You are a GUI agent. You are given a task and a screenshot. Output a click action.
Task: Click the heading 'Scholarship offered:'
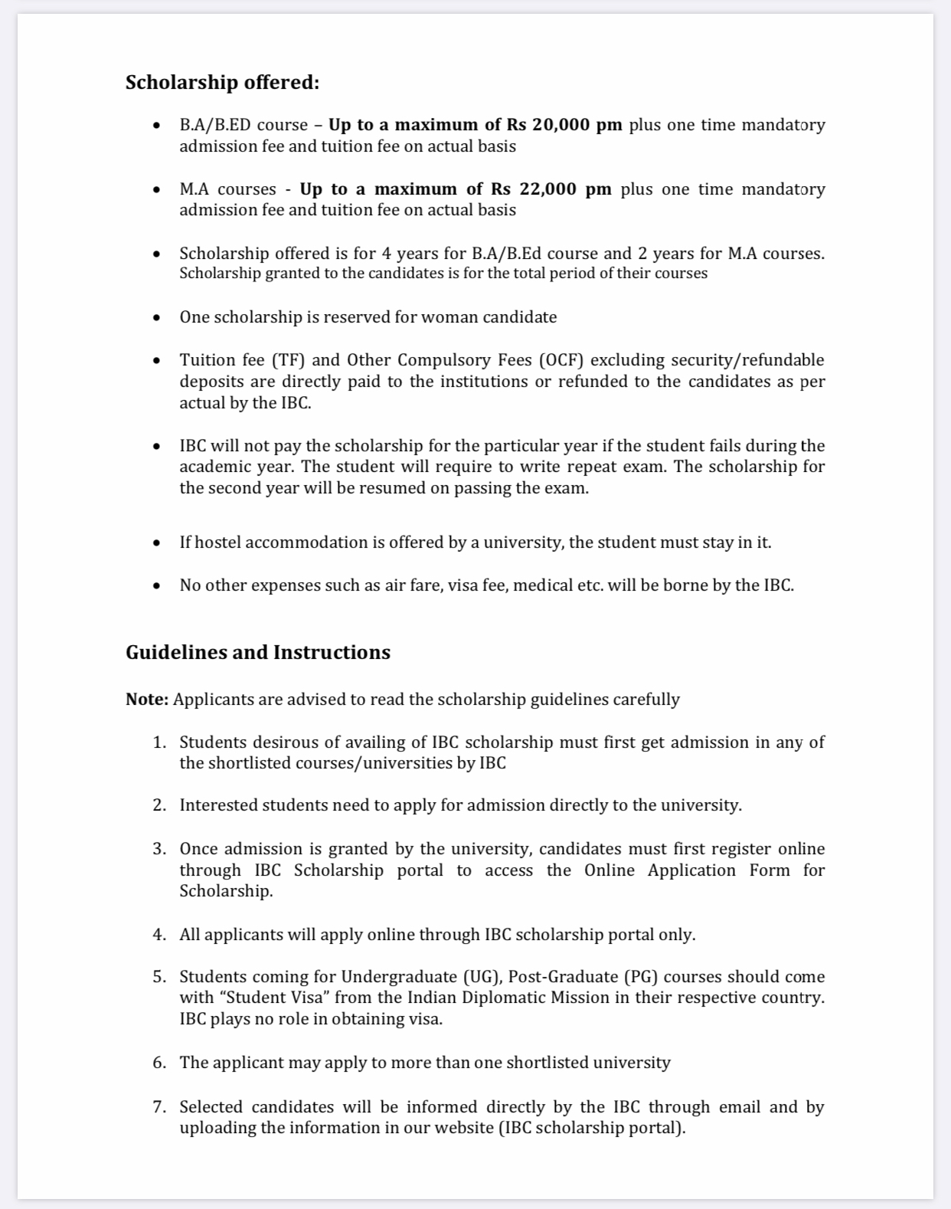coord(222,82)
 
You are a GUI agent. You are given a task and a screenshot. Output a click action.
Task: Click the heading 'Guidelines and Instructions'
coord(258,652)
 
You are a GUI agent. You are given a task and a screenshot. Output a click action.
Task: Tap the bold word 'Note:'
coord(147,700)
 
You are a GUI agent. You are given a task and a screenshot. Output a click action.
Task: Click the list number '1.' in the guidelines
coord(159,742)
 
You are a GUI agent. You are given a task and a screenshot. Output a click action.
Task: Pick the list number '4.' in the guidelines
coord(159,935)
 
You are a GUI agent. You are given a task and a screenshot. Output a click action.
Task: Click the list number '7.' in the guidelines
coord(159,1107)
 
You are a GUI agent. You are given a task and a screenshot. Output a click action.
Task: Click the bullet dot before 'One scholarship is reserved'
coord(157,317)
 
